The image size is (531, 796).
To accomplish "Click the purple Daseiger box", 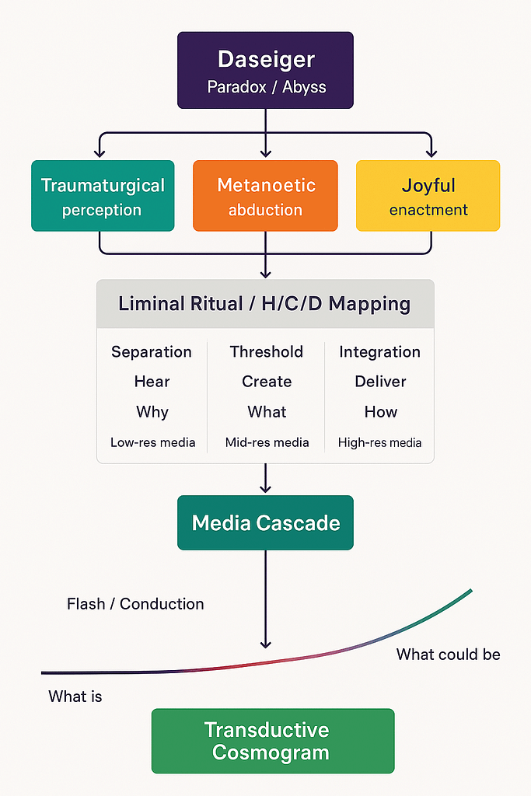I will tap(265, 70).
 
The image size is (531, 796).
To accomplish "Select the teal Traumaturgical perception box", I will tap(103, 196).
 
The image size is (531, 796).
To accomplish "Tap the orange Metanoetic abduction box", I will tap(265, 196).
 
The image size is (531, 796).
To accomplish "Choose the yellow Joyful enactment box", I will tap(428, 196).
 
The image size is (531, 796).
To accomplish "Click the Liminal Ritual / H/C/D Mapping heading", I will tap(264, 303).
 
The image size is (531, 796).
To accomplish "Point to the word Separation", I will tap(152, 352).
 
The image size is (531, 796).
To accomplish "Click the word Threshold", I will tap(267, 352).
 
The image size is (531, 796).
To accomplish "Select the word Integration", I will tap(379, 352).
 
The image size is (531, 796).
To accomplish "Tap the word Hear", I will tap(152, 382).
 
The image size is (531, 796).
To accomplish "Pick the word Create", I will tap(267, 382).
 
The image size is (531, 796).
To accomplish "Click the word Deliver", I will tap(380, 382).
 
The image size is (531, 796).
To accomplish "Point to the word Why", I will tap(152, 412).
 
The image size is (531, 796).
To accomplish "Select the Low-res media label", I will tap(152, 443).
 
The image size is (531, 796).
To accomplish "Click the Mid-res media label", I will tap(267, 443).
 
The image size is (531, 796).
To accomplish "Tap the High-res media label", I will tap(379, 443).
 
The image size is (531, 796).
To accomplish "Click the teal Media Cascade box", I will tap(265, 523).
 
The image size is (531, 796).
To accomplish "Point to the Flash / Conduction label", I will tap(135, 604).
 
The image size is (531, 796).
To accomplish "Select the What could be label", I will tap(448, 655).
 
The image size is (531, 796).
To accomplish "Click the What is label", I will tap(75, 696).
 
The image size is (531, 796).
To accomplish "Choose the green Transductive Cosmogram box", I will tap(273, 741).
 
